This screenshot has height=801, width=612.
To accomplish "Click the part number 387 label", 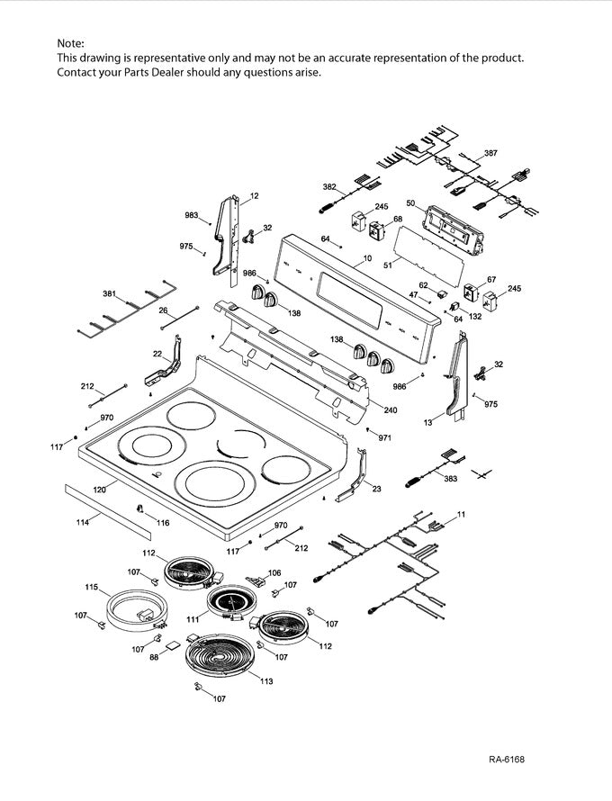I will coord(490,154).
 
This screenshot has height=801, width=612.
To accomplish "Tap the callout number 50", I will coord(410,203).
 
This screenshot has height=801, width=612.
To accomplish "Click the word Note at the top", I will coord(71,43).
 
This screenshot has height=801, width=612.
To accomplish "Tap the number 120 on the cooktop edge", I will coord(100,490).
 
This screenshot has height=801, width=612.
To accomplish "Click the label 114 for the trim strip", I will coord(82,522).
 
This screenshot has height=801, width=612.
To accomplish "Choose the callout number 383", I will coord(450,479).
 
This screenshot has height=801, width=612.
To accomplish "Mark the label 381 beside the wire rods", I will coord(110,294).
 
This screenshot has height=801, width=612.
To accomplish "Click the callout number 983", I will coord(191,215).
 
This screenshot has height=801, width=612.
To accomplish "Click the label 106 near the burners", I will coord(274,572).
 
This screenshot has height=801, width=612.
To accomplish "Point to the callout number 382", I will coord(329,186).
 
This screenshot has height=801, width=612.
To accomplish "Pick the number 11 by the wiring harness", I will coord(461,513).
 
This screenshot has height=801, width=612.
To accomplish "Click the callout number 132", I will coord(475,316).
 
